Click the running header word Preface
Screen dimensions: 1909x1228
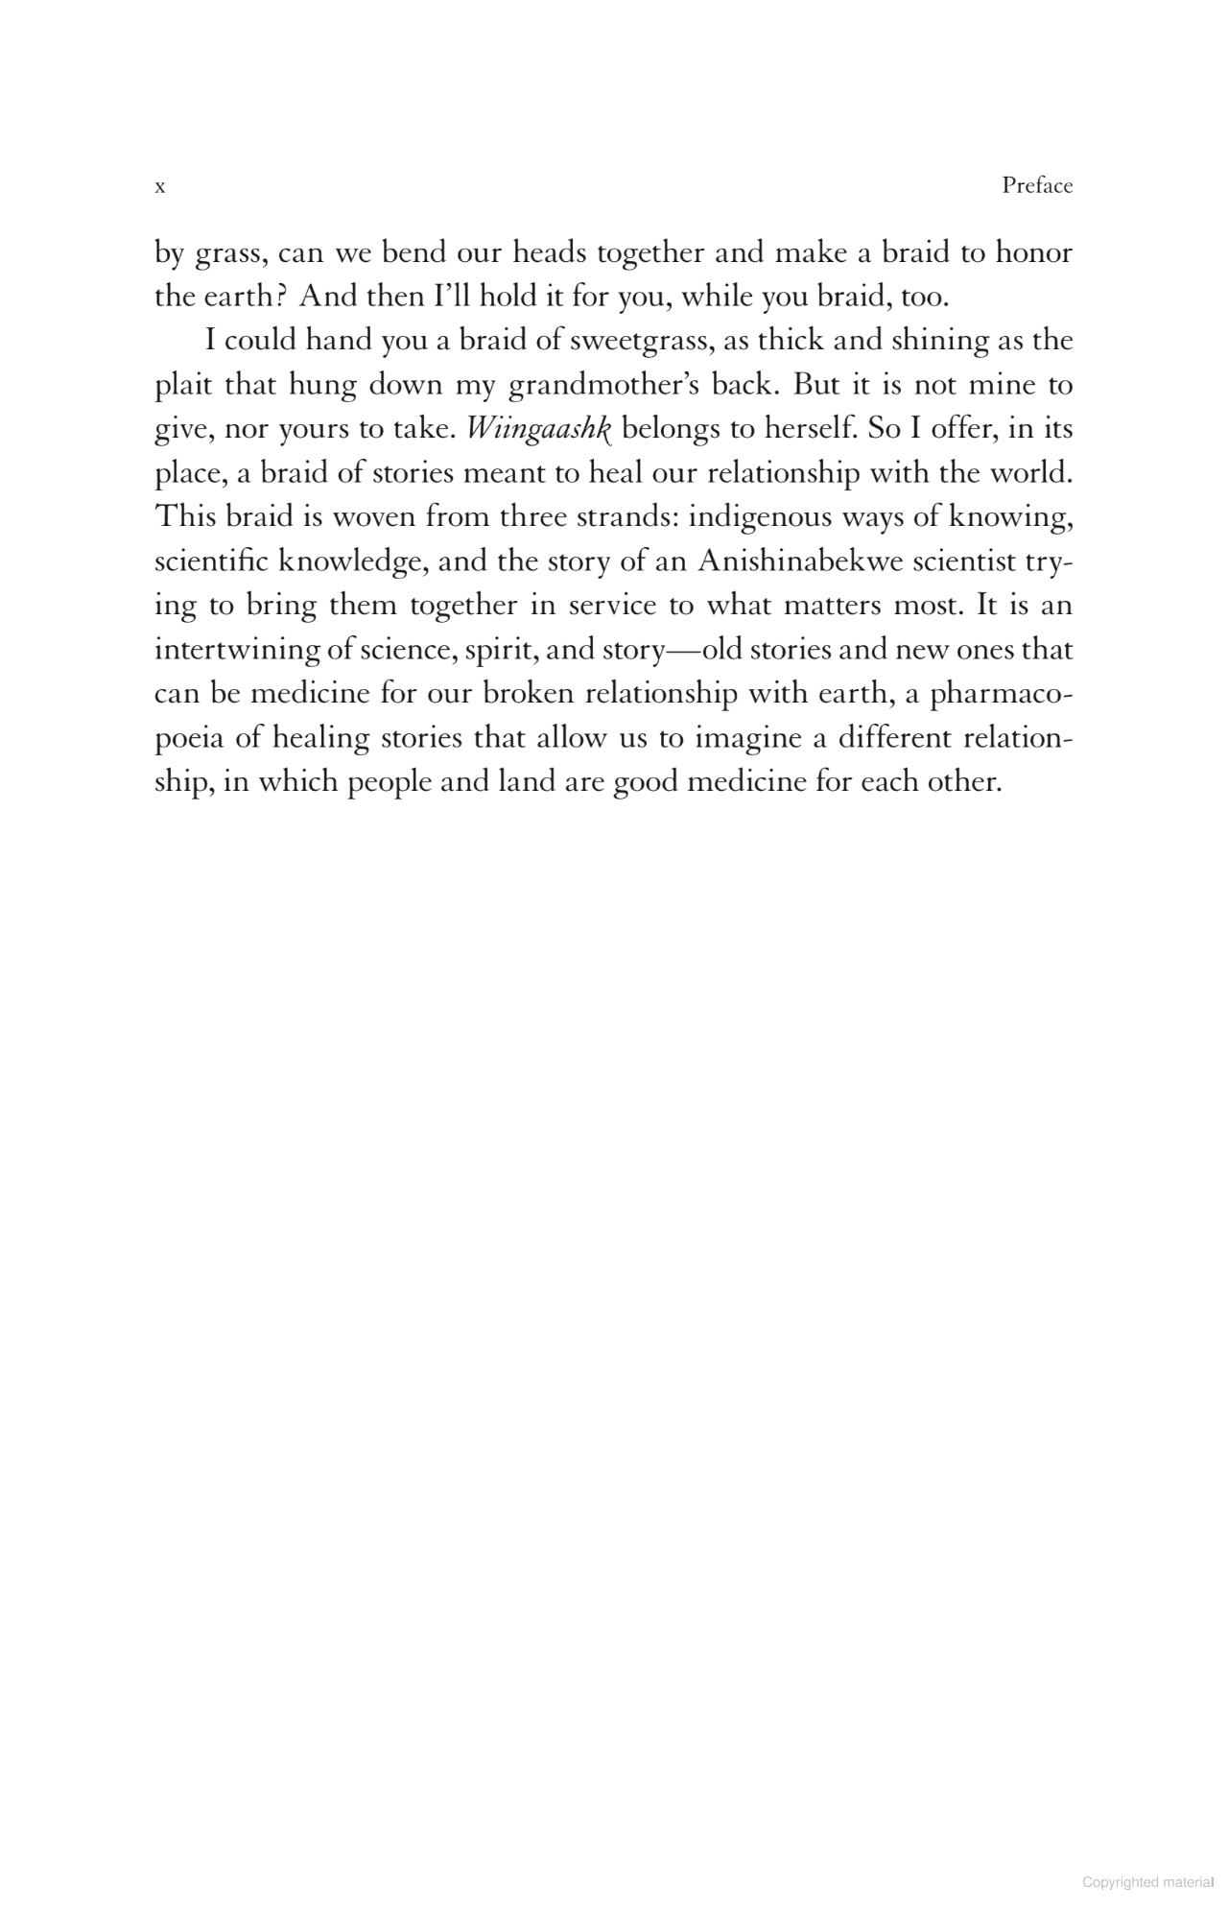(1037, 186)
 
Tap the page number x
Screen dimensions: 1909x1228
(160, 187)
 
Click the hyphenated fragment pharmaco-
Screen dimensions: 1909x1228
(1001, 694)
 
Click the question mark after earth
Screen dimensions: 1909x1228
(283, 297)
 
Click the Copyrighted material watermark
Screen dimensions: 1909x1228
(1147, 1883)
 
